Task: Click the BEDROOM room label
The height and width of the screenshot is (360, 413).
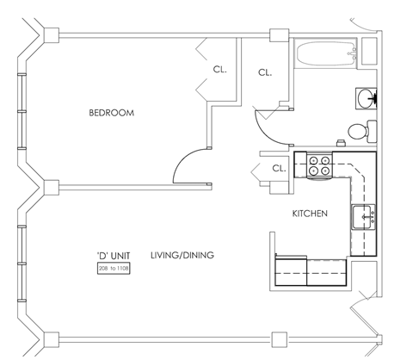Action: tap(112, 113)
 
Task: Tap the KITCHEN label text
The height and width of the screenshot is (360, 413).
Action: tap(309, 214)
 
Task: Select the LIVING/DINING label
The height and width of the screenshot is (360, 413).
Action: tap(182, 255)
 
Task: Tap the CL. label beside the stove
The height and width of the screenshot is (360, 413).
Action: tap(279, 169)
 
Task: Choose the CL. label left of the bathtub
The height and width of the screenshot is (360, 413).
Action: tap(265, 72)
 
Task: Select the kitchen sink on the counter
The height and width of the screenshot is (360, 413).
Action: tap(363, 217)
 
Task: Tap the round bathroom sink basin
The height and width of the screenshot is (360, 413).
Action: tap(365, 97)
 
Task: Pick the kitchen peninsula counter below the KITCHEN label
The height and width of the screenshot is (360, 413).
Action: tap(310, 270)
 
